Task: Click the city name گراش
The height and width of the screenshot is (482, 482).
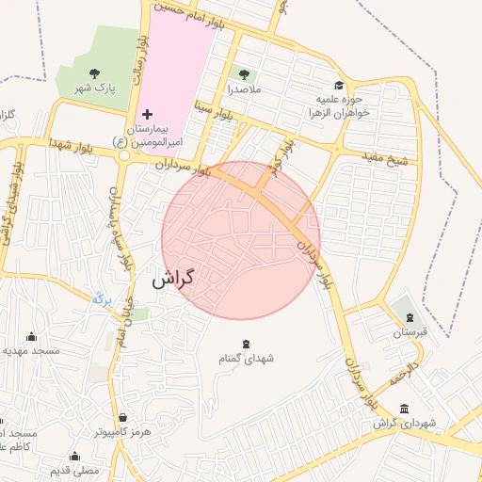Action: point(172,279)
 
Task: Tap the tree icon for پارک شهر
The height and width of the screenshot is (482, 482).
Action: point(93,72)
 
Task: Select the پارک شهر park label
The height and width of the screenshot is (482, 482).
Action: point(94,88)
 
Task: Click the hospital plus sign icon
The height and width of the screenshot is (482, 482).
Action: point(146,113)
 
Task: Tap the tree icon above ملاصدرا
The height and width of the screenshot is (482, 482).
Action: point(245,74)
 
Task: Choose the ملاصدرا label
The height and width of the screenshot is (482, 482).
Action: point(244,90)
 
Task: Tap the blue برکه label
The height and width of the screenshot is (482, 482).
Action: point(102,299)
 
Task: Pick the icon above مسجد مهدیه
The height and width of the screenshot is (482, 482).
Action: point(32,336)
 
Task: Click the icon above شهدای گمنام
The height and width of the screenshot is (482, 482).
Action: point(247,343)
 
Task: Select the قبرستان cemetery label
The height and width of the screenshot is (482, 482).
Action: point(410,332)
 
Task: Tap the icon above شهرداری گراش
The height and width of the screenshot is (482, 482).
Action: point(404,409)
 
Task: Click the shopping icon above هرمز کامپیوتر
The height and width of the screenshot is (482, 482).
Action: point(121,417)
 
